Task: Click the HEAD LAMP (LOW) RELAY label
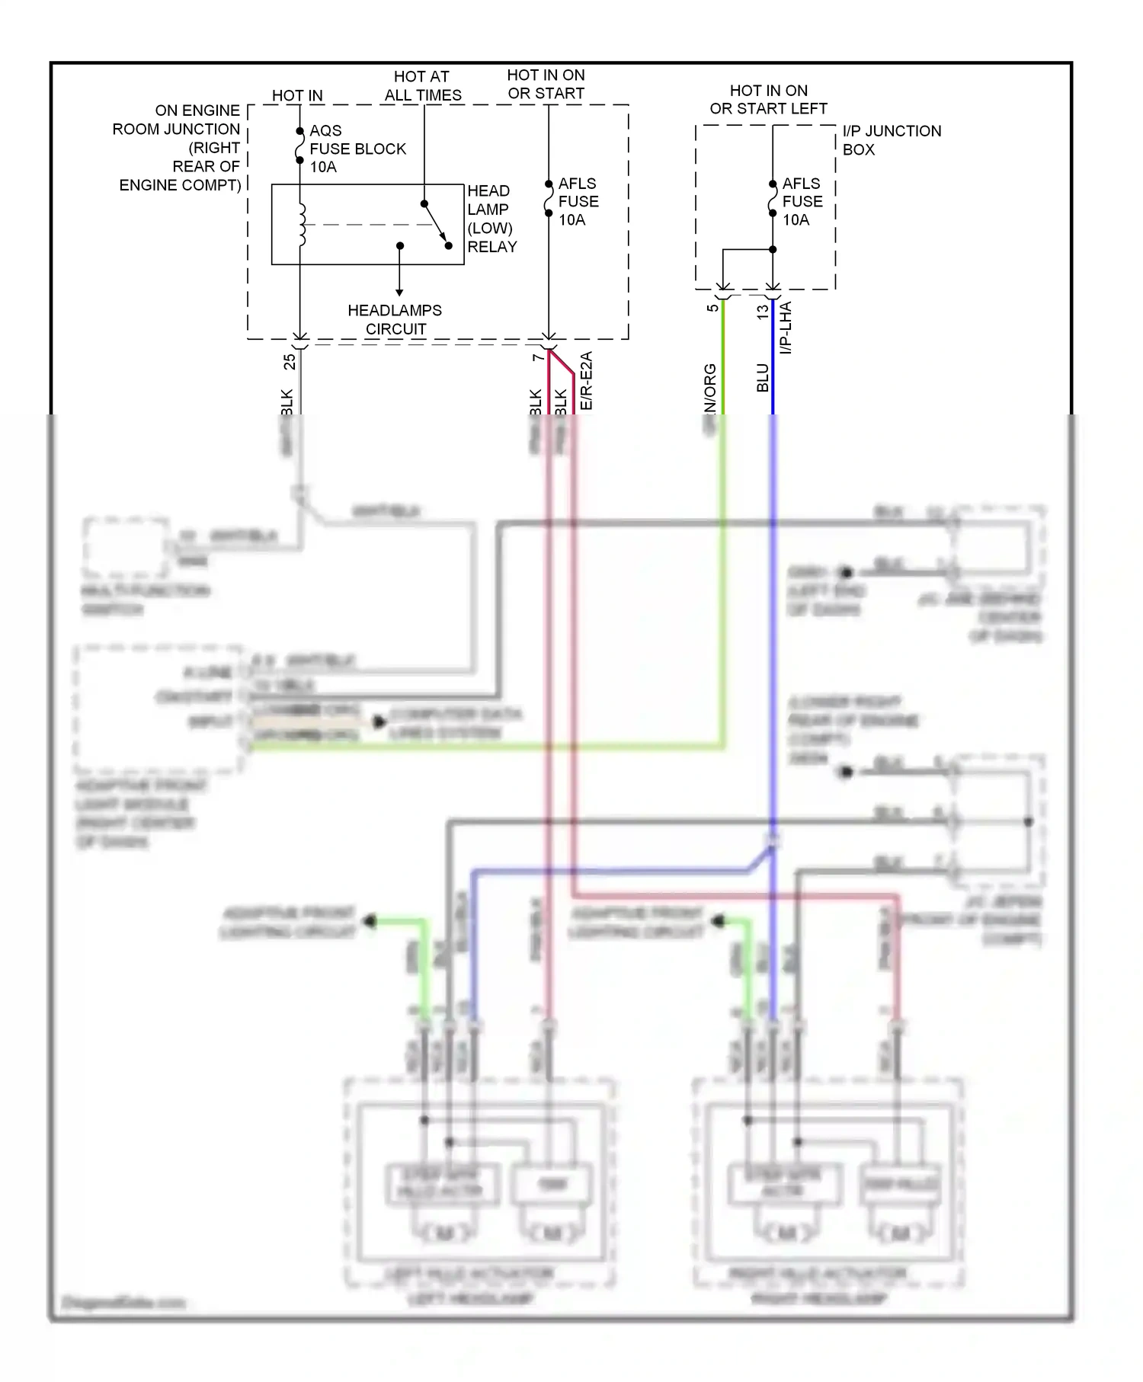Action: point(491,219)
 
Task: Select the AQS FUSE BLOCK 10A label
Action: point(357,149)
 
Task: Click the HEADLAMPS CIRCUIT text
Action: point(395,319)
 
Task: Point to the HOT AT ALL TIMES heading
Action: point(422,85)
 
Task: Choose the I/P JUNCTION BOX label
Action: point(891,140)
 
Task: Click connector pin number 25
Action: point(290,361)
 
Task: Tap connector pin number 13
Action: point(763,312)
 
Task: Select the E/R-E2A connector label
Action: point(586,380)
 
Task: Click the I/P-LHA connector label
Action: point(786,328)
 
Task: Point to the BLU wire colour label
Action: point(763,378)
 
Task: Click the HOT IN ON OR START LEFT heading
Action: point(768,100)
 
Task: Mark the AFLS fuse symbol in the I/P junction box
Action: point(773,199)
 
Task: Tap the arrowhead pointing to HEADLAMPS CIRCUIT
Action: point(399,292)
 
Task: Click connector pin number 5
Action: point(712,308)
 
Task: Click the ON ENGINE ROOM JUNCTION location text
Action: point(179,148)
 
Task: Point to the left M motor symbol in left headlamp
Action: point(443,1232)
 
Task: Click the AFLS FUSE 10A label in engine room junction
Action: point(578,202)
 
